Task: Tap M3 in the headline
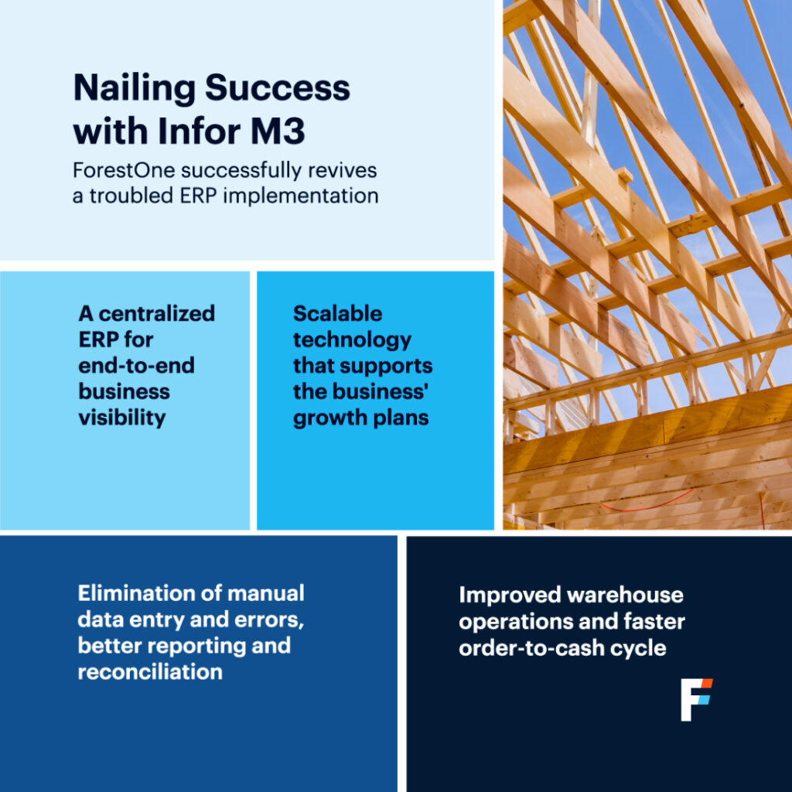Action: pos(278,131)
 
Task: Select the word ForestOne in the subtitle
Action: pos(124,171)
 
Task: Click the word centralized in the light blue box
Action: pos(156,314)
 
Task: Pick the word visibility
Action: pos(122,418)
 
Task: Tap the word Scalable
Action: pos(337,314)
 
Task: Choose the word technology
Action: pos(352,340)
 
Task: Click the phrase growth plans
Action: pos(360,418)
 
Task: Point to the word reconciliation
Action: pos(150,672)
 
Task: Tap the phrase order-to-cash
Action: pos(531,648)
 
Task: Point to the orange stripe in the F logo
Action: pos(706,684)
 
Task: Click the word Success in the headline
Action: pos(278,88)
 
